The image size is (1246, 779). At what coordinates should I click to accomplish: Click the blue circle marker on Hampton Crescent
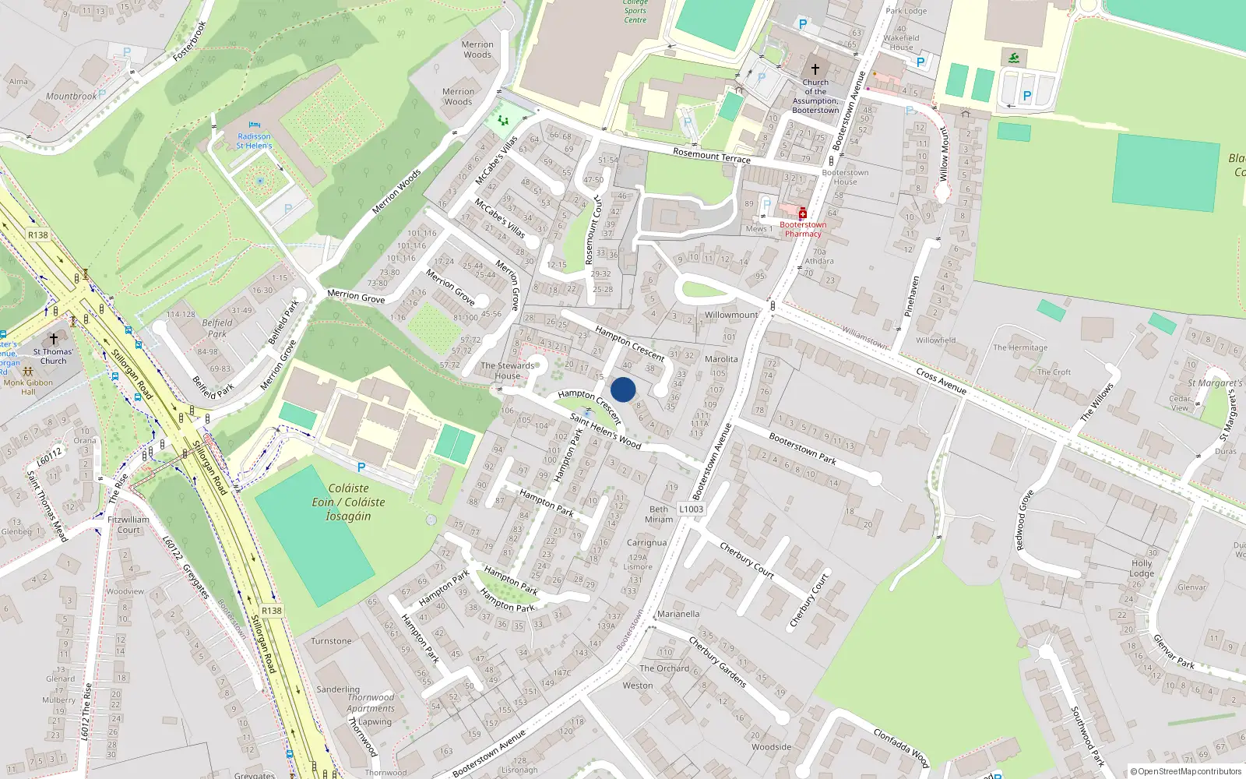tap(623, 389)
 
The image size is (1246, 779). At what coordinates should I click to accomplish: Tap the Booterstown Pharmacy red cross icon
tap(802, 213)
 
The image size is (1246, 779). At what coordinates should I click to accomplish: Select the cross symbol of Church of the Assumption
tap(815, 69)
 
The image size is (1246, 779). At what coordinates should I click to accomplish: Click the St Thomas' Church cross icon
tap(54, 339)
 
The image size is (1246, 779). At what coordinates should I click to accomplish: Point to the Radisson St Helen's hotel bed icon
tap(255, 125)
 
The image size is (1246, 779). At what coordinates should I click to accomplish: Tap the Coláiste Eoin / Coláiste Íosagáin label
tap(349, 502)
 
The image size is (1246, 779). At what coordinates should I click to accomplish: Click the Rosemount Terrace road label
tap(712, 156)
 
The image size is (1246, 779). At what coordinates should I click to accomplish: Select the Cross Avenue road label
tap(942, 381)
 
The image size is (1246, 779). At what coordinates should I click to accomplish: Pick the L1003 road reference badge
tap(691, 509)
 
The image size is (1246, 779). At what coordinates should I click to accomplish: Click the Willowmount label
tap(731, 315)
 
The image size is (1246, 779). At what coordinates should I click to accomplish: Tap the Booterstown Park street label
tap(802, 449)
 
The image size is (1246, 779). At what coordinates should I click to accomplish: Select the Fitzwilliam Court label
tap(128, 524)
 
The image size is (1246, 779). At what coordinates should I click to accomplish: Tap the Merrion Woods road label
tap(396, 192)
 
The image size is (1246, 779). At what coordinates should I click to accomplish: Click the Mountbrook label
tap(71, 97)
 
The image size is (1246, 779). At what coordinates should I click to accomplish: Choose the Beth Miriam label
tap(659, 514)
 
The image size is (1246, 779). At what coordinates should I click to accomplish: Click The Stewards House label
tap(508, 370)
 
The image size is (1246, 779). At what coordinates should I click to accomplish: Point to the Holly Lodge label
tap(1142, 568)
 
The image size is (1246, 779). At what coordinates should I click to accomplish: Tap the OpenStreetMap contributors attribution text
tap(1185, 772)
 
